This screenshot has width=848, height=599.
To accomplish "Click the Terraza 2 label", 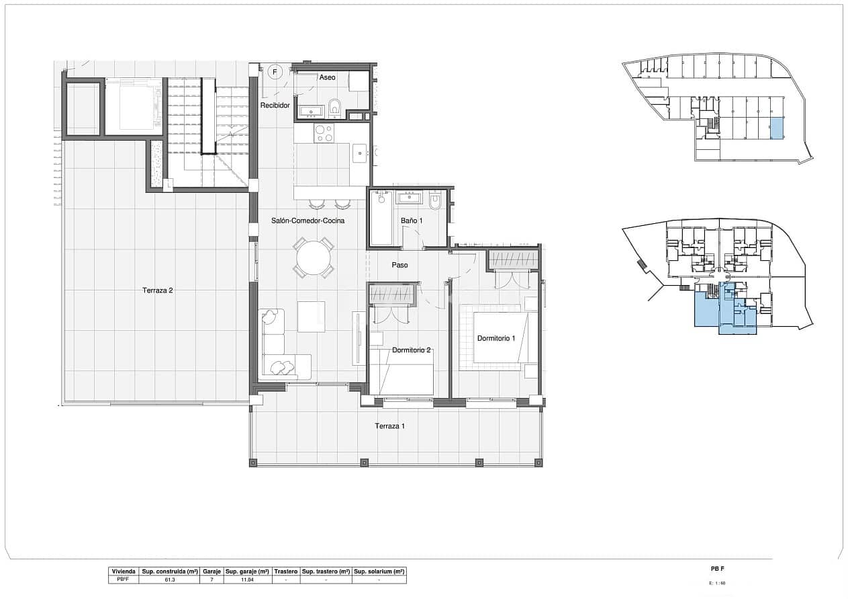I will pos(158,290).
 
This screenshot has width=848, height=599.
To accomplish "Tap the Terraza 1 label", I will pos(390,426).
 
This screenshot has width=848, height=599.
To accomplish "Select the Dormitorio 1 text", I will pos(496,338).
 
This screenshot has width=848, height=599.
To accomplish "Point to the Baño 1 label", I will pos(412,221).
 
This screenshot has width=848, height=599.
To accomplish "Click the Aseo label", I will pos(327,77).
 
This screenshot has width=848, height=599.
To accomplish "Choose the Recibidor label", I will pos(275,106).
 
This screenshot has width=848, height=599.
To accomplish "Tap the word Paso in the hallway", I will pos(399,265).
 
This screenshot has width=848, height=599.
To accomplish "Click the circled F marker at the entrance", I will pos(274,71).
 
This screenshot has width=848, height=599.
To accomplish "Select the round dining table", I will pos(314,257).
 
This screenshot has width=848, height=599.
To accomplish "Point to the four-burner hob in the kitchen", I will pos(324,133).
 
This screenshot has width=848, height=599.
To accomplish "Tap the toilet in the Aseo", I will pos(336,107).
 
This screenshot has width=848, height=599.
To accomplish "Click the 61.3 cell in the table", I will pos(170,579).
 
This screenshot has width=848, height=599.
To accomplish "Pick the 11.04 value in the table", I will pos(246,579).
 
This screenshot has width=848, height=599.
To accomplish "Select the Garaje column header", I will pos(211,571).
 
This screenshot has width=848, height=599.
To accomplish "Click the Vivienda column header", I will pos(124,571).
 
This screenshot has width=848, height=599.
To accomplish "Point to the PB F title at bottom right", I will pos(717,569).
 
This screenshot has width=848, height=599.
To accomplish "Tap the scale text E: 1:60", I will pos(717,583).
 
